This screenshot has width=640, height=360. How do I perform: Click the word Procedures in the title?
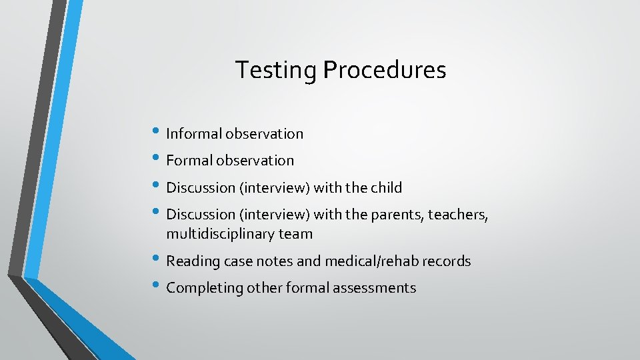[x=385, y=70]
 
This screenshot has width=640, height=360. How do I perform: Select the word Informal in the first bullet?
[x=194, y=133]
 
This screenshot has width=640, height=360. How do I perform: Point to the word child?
[x=387, y=187]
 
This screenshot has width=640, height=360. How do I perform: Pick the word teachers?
[x=459, y=215]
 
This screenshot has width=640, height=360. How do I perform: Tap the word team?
[x=297, y=234]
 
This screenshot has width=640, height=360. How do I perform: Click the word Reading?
[x=193, y=261]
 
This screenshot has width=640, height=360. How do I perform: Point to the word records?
[x=447, y=261]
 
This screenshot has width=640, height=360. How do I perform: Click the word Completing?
[x=205, y=288]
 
